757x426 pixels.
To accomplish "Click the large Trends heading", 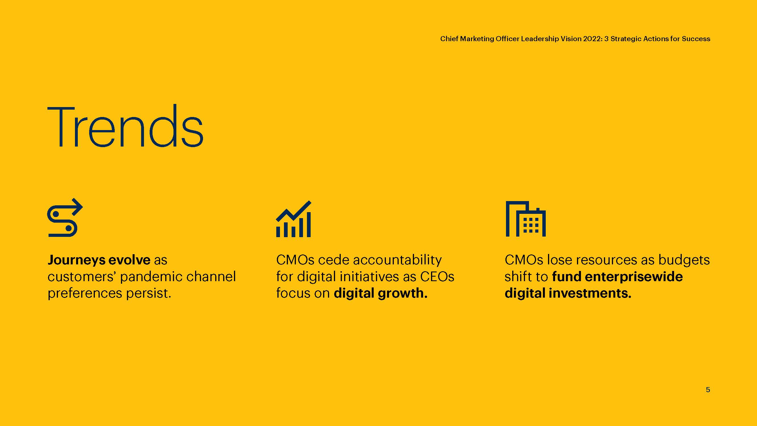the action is coord(125,126).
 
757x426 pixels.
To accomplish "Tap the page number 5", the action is coord(708,390).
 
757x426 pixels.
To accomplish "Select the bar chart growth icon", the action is coord(294,219).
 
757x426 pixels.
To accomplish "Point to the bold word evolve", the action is coord(129,260).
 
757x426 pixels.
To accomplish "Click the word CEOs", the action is coord(437,277).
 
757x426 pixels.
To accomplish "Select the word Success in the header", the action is coord(696,39).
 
